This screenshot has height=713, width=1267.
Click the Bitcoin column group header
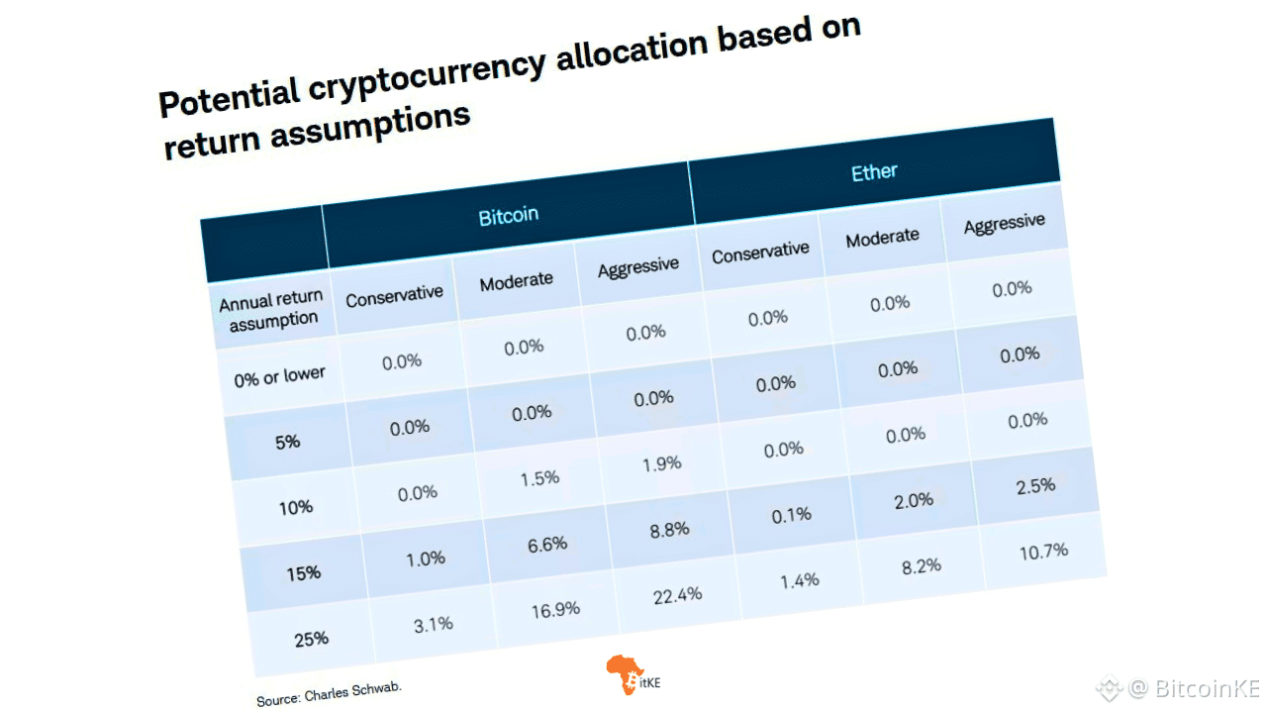click(509, 215)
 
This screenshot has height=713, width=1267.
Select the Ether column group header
click(874, 172)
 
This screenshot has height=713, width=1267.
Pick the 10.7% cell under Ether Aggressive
click(1043, 551)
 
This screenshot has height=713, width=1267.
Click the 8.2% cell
click(921, 566)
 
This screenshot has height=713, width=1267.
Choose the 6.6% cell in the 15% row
click(547, 544)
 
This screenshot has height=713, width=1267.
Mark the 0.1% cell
click(791, 515)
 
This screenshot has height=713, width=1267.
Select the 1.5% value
click(539, 478)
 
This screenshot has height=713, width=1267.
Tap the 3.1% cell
click(433, 624)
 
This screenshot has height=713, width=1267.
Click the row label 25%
click(311, 639)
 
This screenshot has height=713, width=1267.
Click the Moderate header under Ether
click(882, 237)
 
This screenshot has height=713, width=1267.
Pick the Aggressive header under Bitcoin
click(638, 266)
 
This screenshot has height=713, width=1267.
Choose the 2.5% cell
click(1035, 485)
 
